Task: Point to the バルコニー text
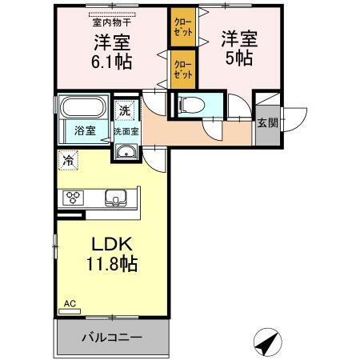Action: pos(112,338)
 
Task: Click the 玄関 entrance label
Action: pos(267,123)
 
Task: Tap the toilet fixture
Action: pos(189,104)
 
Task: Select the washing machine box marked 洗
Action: pos(126,110)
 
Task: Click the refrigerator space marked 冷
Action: pos(68,160)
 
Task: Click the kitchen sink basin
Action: pos(115,198)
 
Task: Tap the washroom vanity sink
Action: pos(125,152)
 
